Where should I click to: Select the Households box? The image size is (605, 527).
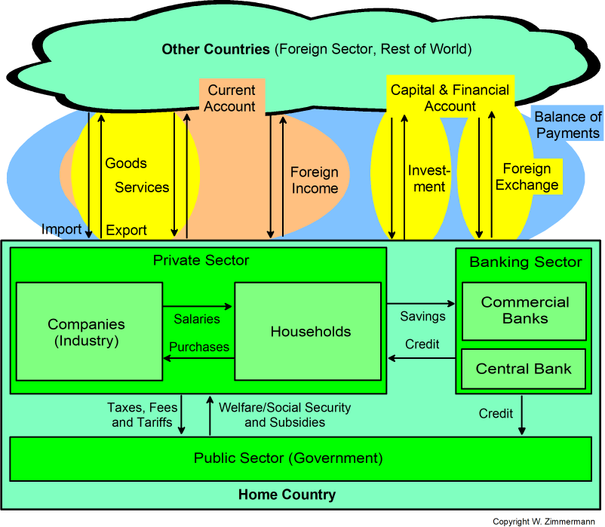click(x=308, y=332)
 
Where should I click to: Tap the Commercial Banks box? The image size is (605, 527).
click(x=524, y=311)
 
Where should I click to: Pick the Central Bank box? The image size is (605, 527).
click(x=524, y=369)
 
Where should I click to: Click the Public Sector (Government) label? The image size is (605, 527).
click(x=288, y=458)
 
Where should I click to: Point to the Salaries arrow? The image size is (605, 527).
click(x=198, y=305)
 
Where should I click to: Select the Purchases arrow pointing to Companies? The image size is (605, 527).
click(x=198, y=359)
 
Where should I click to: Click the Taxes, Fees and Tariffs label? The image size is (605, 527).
click(x=143, y=415)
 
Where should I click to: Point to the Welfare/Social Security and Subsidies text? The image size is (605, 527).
click(x=284, y=415)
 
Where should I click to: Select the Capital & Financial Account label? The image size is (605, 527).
click(x=450, y=98)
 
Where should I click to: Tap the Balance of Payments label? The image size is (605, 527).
click(x=567, y=124)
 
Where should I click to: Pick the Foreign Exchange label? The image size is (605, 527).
click(x=527, y=176)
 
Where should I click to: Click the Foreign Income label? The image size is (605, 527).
click(x=315, y=180)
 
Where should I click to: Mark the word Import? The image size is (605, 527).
click(x=61, y=229)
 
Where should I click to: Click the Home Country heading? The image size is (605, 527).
click(x=287, y=495)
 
